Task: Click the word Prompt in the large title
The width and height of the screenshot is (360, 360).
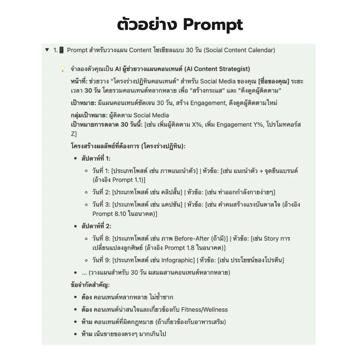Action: coord(213,25)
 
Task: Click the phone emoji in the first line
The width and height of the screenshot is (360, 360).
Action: coord(61,50)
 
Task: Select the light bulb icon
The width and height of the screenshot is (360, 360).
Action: coord(62,69)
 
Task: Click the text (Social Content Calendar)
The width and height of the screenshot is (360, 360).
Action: coord(239,50)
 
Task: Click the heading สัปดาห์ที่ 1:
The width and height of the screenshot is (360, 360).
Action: coord(96,158)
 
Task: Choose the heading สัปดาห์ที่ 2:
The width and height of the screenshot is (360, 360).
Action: coord(96,226)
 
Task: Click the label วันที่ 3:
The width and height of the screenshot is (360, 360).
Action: coord(101,204)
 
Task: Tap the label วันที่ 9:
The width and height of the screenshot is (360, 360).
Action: coord(101,260)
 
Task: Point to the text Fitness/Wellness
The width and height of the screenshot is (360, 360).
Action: coord(204,310)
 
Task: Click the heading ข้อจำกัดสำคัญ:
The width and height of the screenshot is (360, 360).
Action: coord(90,285)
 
